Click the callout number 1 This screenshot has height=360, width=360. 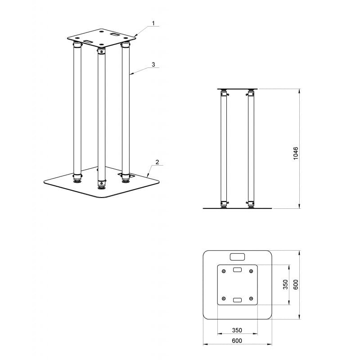(x=153, y=23)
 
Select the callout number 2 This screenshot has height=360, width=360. (x=157, y=162)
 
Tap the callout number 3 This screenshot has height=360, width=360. (x=153, y=64)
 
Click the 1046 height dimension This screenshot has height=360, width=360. (x=296, y=153)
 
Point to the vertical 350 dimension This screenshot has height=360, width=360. (x=285, y=284)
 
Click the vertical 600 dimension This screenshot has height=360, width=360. (x=296, y=284)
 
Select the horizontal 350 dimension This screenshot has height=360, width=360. (x=237, y=330)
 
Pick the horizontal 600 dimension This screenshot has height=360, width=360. (x=237, y=341)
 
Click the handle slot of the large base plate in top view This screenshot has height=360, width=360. (x=238, y=257)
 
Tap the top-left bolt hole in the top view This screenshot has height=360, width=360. (x=224, y=271)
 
